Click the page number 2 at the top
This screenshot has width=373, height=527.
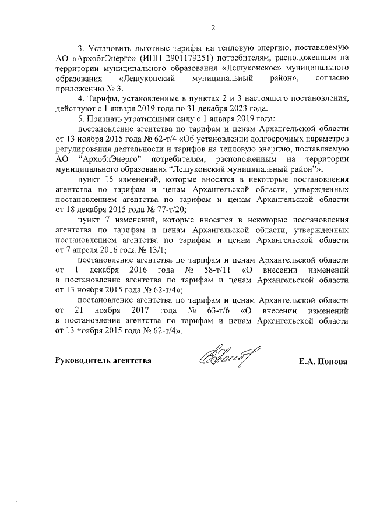[213, 27]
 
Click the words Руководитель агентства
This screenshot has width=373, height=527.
[103, 361]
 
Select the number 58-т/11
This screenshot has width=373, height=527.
[225, 271]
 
